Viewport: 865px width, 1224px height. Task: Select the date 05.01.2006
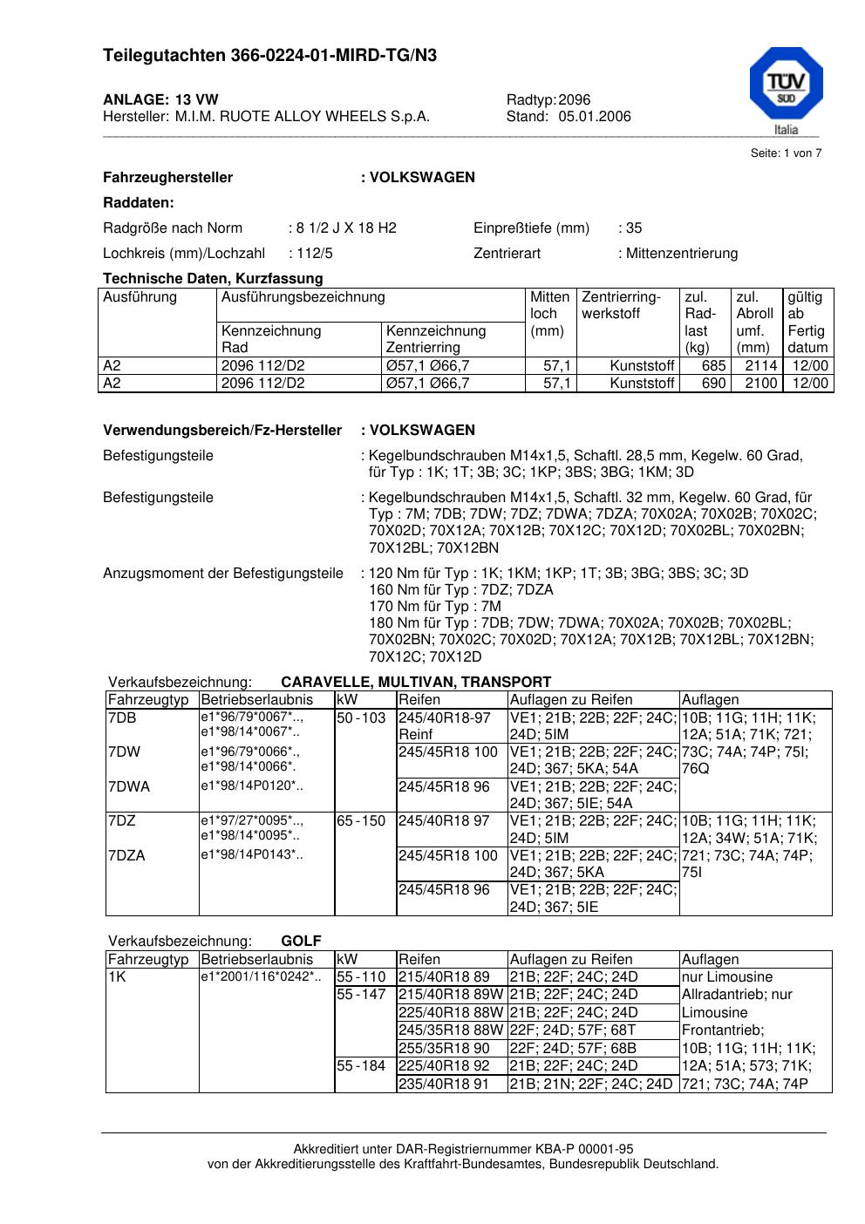(x=595, y=117)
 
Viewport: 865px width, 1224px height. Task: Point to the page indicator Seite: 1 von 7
(x=786, y=153)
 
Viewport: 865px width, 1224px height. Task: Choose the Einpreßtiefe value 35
(x=634, y=228)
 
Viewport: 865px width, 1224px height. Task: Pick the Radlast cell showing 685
(x=714, y=366)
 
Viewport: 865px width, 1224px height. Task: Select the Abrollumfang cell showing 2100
(x=760, y=384)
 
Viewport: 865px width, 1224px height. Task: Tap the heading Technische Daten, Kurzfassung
(x=213, y=279)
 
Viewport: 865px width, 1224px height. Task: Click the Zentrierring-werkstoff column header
(x=622, y=305)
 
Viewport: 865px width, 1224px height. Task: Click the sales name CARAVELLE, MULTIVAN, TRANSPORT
(x=416, y=683)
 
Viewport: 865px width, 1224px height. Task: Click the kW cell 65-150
(x=361, y=821)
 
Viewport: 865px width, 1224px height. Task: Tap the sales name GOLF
(x=301, y=942)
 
